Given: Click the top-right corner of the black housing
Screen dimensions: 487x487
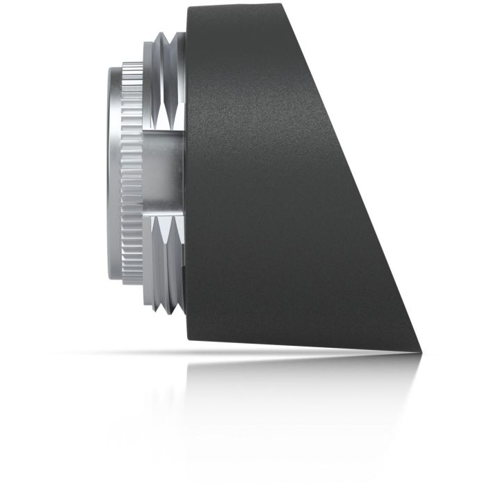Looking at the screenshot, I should (x=282, y=6).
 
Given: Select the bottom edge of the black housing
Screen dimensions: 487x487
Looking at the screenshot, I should (x=299, y=345).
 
